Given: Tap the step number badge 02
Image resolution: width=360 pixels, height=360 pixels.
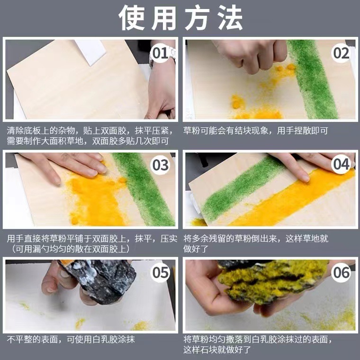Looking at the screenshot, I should pos(341,53).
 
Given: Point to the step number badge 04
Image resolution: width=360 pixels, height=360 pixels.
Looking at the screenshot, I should pos(341,165).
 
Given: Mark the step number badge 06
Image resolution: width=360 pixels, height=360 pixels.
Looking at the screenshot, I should pos(341,272).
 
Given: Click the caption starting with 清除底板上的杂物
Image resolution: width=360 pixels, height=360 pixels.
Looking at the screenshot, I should pos(90,135).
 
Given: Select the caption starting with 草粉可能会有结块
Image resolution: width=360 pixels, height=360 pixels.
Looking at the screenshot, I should pos(256,131).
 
